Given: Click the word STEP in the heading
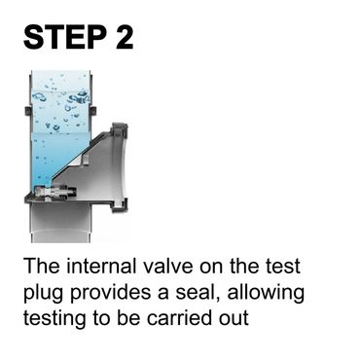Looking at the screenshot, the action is [65, 37].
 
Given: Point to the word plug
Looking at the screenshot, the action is [44, 294].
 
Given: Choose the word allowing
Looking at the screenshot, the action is [266, 294].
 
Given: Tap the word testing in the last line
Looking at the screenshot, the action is [54, 319].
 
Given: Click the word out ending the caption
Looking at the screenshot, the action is [234, 319].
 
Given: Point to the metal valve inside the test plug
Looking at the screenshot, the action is [56, 193].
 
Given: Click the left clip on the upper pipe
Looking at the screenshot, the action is [27, 111].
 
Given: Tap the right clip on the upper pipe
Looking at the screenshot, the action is [94, 111].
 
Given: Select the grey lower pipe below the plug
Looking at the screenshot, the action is [62, 224].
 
